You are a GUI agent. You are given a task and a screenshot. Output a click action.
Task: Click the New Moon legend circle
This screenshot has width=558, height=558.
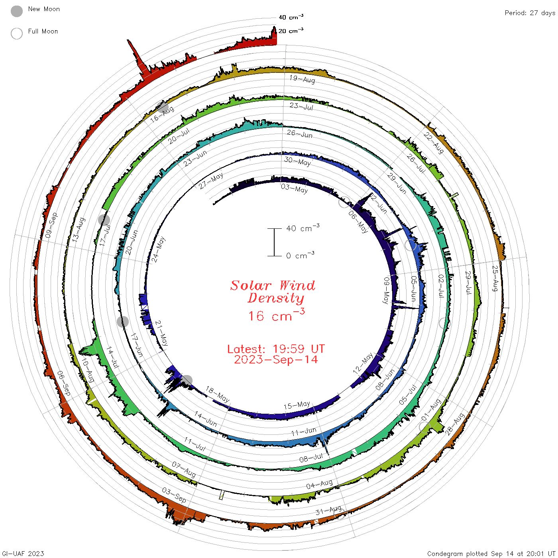16,11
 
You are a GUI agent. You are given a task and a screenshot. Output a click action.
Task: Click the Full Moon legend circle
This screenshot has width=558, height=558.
16,33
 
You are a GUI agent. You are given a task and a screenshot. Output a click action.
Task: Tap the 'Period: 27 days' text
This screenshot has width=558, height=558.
530,13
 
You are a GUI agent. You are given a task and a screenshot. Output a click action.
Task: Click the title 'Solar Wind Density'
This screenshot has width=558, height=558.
273,292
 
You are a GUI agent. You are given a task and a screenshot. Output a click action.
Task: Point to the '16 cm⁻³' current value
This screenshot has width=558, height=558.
277,315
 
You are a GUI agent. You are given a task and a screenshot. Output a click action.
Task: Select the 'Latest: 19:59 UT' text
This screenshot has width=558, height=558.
276,349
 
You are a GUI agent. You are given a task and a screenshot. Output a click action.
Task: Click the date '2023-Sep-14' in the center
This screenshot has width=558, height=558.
276,360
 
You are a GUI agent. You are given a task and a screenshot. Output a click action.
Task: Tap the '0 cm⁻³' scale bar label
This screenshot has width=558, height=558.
300,255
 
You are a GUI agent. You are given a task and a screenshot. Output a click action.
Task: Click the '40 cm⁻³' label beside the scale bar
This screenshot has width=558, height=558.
303,228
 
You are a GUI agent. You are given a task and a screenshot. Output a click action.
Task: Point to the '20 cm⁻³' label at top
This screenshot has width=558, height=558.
291,30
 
